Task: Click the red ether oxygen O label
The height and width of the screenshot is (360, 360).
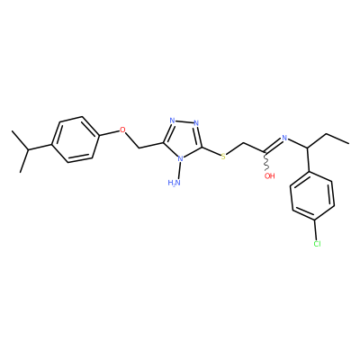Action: click(x=122, y=130)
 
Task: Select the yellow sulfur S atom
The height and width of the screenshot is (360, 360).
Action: click(x=223, y=157)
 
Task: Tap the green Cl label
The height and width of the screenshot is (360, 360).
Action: click(x=317, y=244)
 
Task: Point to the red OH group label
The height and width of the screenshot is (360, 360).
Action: click(x=269, y=175)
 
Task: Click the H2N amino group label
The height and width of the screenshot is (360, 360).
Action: click(x=175, y=183)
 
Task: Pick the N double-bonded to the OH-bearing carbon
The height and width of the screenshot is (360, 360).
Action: click(x=284, y=139)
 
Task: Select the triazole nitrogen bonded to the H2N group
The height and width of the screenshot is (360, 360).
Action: click(x=180, y=158)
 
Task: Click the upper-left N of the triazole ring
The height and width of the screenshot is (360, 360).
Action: click(x=172, y=121)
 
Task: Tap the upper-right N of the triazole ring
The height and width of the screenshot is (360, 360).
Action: click(x=196, y=122)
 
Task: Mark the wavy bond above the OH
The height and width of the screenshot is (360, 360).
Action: click(x=265, y=162)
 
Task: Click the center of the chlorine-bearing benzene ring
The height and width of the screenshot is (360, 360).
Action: click(x=312, y=196)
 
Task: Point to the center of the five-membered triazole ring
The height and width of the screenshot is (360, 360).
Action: click(x=184, y=139)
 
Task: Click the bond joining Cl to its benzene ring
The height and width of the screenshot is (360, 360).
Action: click(x=315, y=230)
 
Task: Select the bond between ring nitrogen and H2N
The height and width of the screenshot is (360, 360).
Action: click(x=179, y=170)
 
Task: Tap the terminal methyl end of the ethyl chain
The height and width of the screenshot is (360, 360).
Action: click(x=348, y=143)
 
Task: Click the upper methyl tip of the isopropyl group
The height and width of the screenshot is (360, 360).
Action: click(x=12, y=131)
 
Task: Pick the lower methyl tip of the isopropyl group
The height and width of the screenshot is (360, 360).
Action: click(x=21, y=172)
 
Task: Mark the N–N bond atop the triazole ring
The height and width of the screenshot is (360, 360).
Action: click(x=184, y=121)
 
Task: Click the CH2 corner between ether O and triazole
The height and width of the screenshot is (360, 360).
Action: click(x=139, y=148)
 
